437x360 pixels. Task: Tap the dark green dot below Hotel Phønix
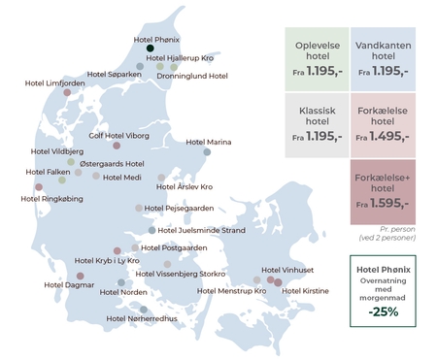151,49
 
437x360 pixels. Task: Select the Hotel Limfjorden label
54,83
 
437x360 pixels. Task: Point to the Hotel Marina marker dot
207,151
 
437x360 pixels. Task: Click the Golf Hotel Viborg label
119,136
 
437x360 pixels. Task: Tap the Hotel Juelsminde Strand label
200,230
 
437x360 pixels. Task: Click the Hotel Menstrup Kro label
231,290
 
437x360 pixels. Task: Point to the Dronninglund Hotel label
191,76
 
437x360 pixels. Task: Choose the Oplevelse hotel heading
317,49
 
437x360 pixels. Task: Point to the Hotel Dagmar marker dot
79,277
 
